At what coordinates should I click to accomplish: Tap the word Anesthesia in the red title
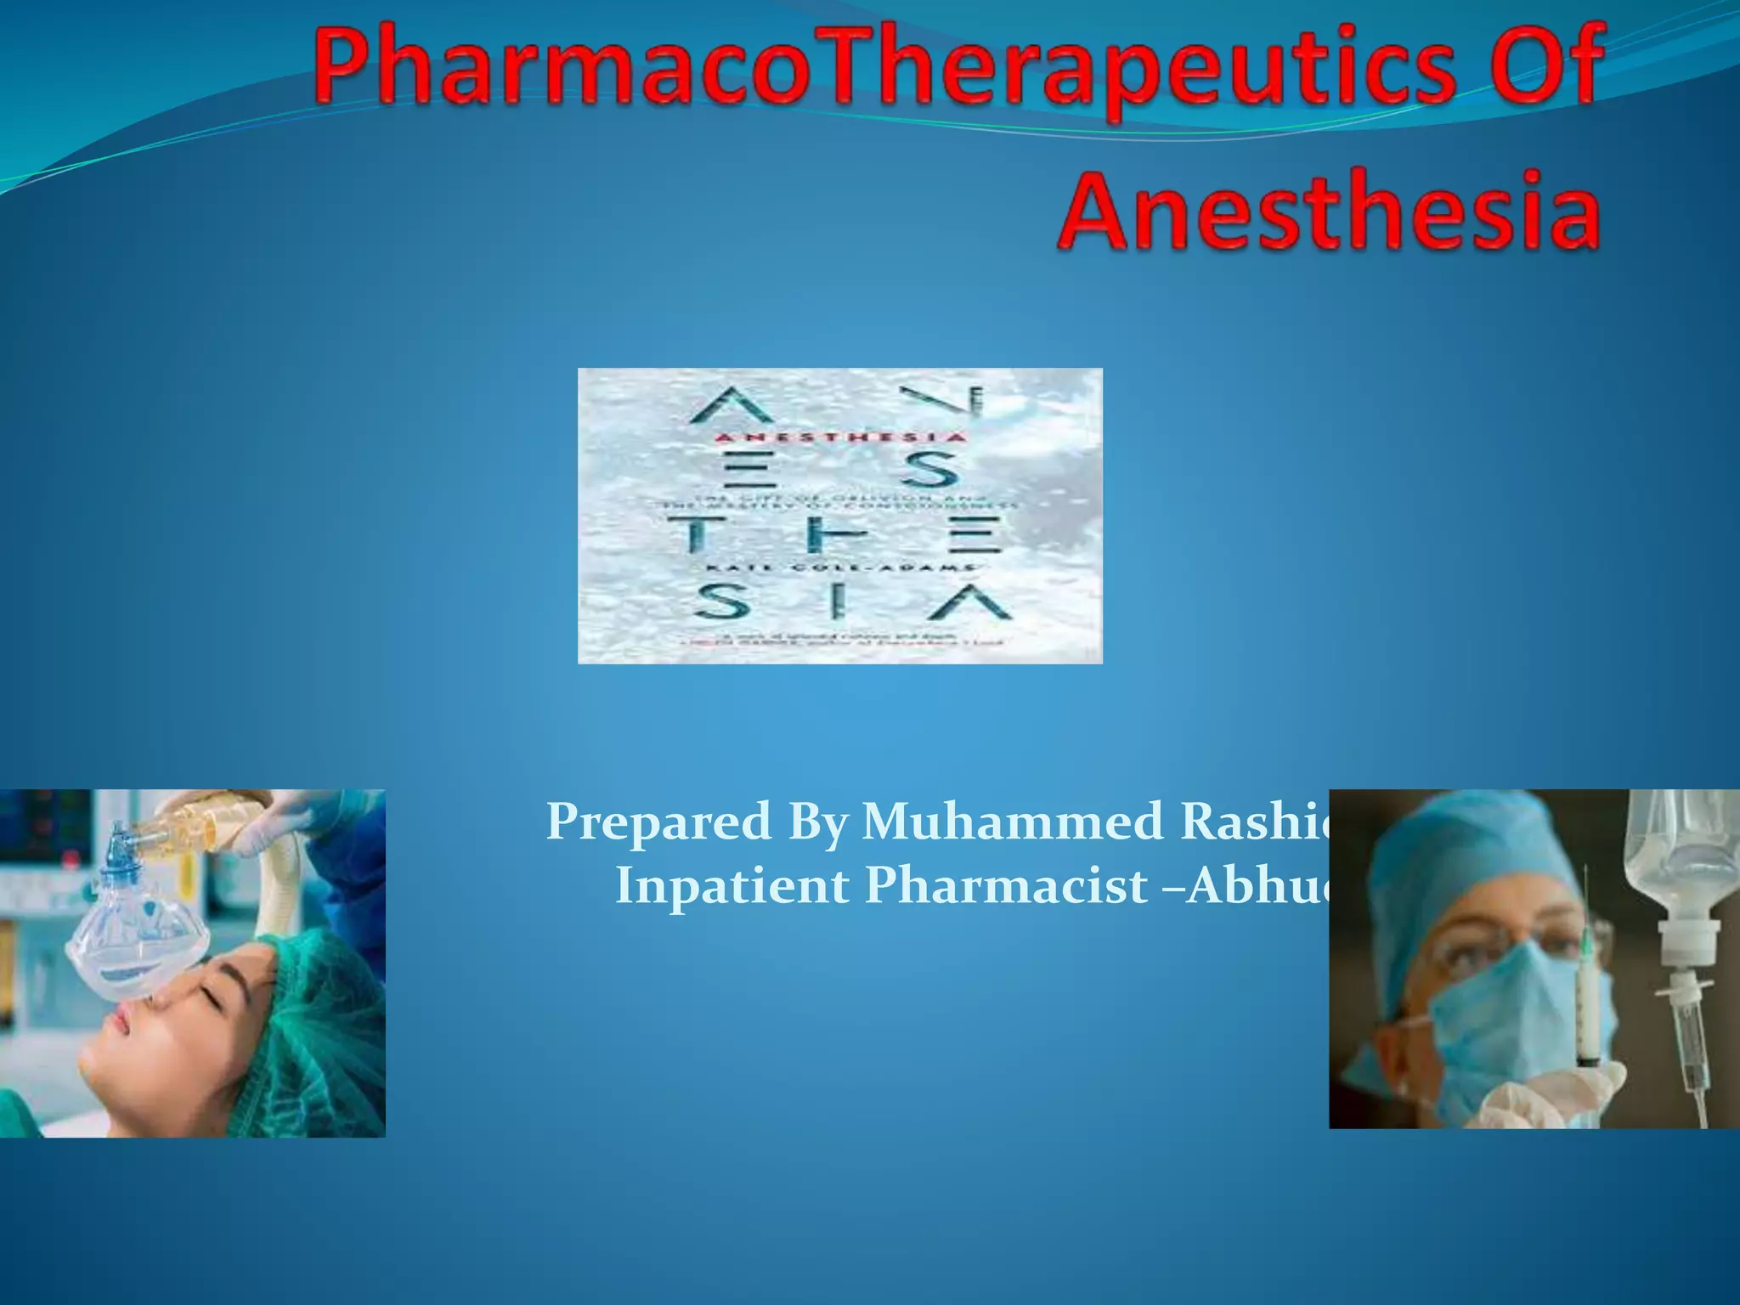coord(1330,208)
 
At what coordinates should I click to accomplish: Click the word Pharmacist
coord(1006,885)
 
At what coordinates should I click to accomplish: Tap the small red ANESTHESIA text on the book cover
coord(839,438)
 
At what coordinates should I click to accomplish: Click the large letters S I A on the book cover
coord(850,603)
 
